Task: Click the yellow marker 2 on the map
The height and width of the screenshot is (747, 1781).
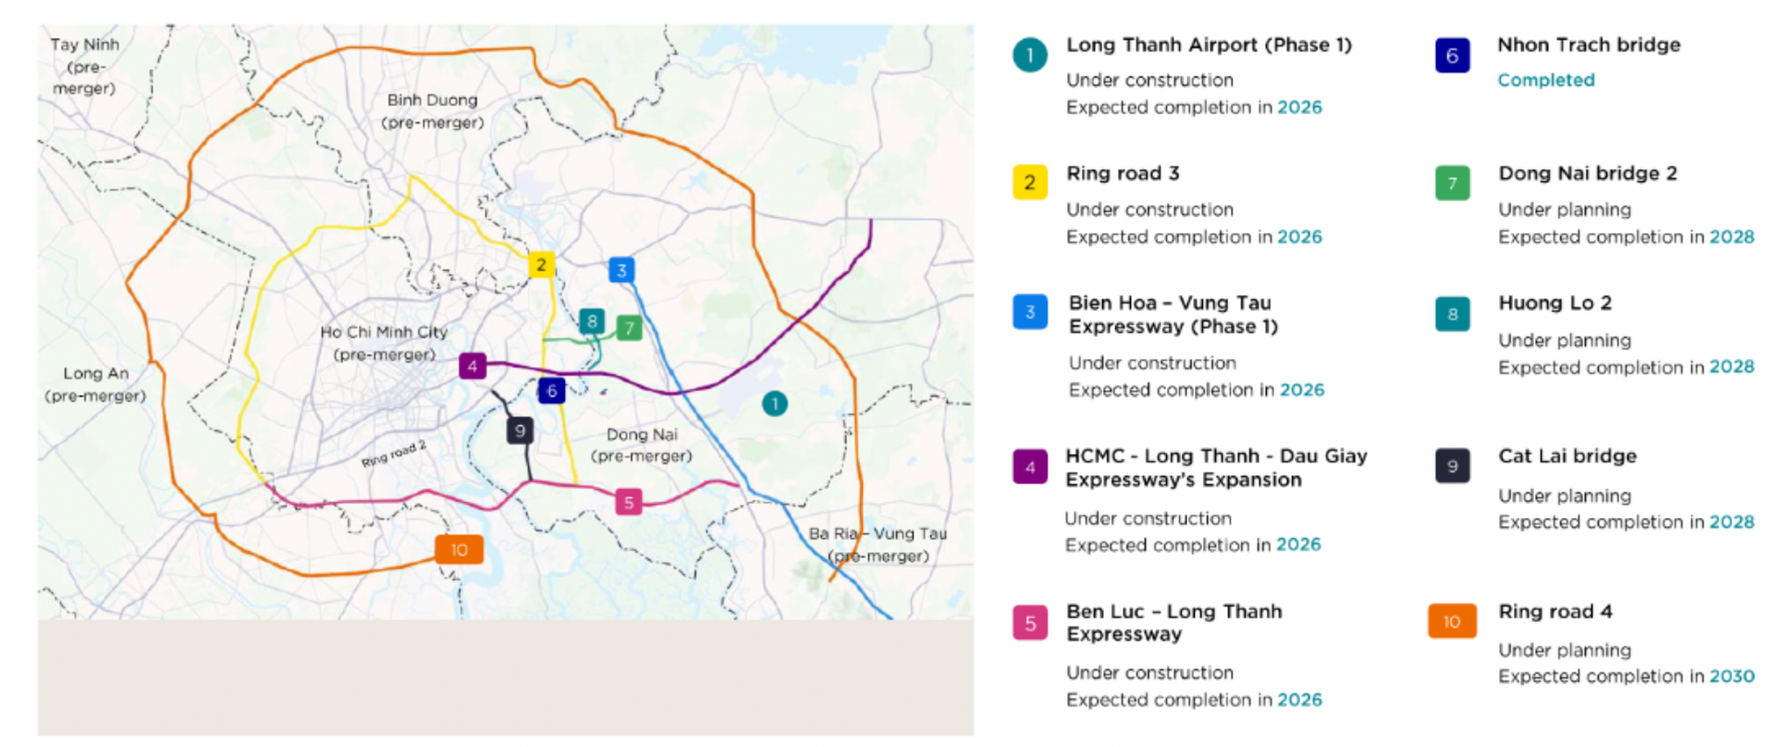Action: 541,264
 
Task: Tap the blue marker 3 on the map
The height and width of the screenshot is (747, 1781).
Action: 621,270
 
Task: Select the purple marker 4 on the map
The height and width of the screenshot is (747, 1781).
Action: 472,366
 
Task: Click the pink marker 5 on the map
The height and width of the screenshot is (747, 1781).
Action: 629,502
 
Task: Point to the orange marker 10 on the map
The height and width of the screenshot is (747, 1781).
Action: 459,549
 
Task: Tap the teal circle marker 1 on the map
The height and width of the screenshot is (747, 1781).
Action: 775,404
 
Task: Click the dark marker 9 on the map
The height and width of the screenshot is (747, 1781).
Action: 519,431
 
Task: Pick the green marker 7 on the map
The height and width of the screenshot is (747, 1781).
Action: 629,328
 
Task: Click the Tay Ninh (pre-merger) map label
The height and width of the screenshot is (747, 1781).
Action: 84,66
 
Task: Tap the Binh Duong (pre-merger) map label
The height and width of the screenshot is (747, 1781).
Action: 432,110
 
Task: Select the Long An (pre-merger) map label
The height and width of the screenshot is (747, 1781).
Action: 96,384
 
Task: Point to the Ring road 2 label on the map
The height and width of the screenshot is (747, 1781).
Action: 393,454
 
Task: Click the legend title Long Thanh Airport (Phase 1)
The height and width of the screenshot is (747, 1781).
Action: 1209,45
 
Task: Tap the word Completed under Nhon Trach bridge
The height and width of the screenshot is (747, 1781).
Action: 1545,80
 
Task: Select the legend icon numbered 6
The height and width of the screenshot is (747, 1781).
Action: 1452,56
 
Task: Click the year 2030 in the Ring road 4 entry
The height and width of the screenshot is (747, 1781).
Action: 1732,676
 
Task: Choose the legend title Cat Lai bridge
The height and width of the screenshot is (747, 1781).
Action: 1567,456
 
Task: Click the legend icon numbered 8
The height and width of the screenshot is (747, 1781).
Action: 1452,315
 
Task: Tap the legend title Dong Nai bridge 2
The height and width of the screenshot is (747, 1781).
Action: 1587,174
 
